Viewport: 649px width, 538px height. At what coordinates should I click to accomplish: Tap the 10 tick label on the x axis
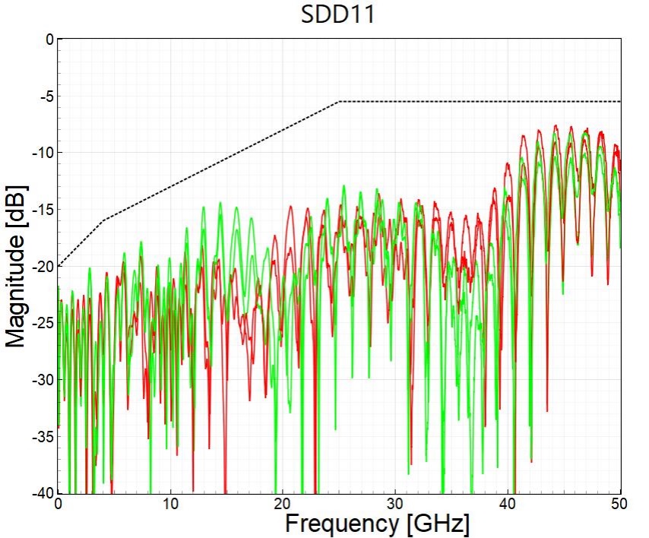(170, 504)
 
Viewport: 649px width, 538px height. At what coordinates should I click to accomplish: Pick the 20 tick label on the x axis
(283, 504)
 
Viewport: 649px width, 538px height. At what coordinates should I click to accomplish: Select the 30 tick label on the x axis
(395, 504)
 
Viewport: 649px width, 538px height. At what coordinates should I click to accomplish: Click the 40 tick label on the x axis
(508, 504)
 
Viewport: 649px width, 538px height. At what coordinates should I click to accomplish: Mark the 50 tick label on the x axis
(619, 504)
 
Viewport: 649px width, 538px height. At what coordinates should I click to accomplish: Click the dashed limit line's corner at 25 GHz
(340, 101)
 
